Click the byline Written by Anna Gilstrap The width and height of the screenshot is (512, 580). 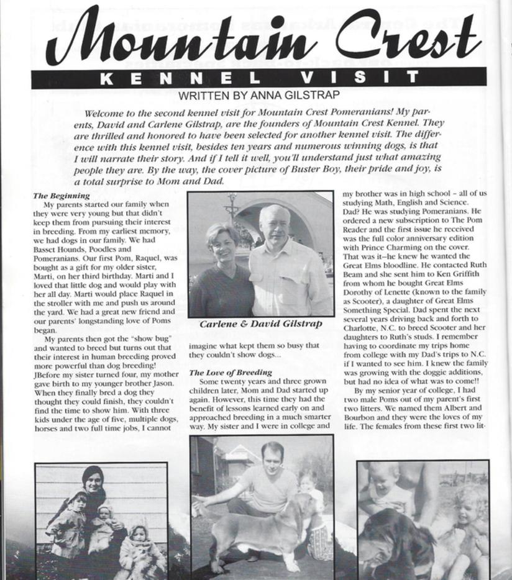(x=258, y=95)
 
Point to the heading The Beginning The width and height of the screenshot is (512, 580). (x=61, y=196)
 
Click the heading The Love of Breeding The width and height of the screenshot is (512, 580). (x=231, y=373)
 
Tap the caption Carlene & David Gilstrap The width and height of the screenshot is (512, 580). (x=260, y=324)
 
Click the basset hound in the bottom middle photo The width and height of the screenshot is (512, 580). (x=261, y=528)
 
